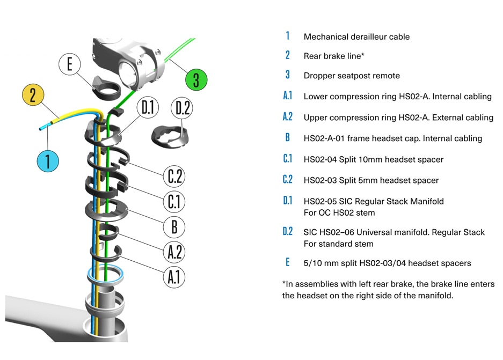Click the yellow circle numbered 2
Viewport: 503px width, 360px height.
pyautogui.click(x=33, y=96)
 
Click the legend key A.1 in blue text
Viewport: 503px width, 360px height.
pyautogui.click(x=287, y=96)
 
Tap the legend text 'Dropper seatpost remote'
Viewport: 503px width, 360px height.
pyautogui.click(x=352, y=76)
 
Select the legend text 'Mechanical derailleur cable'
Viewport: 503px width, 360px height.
pyautogui.click(x=356, y=36)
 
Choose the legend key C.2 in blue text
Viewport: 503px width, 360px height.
pyautogui.click(x=287, y=180)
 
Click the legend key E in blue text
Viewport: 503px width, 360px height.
pyautogui.click(x=288, y=262)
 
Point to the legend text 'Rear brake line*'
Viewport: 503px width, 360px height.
pyautogui.click(x=335, y=56)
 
